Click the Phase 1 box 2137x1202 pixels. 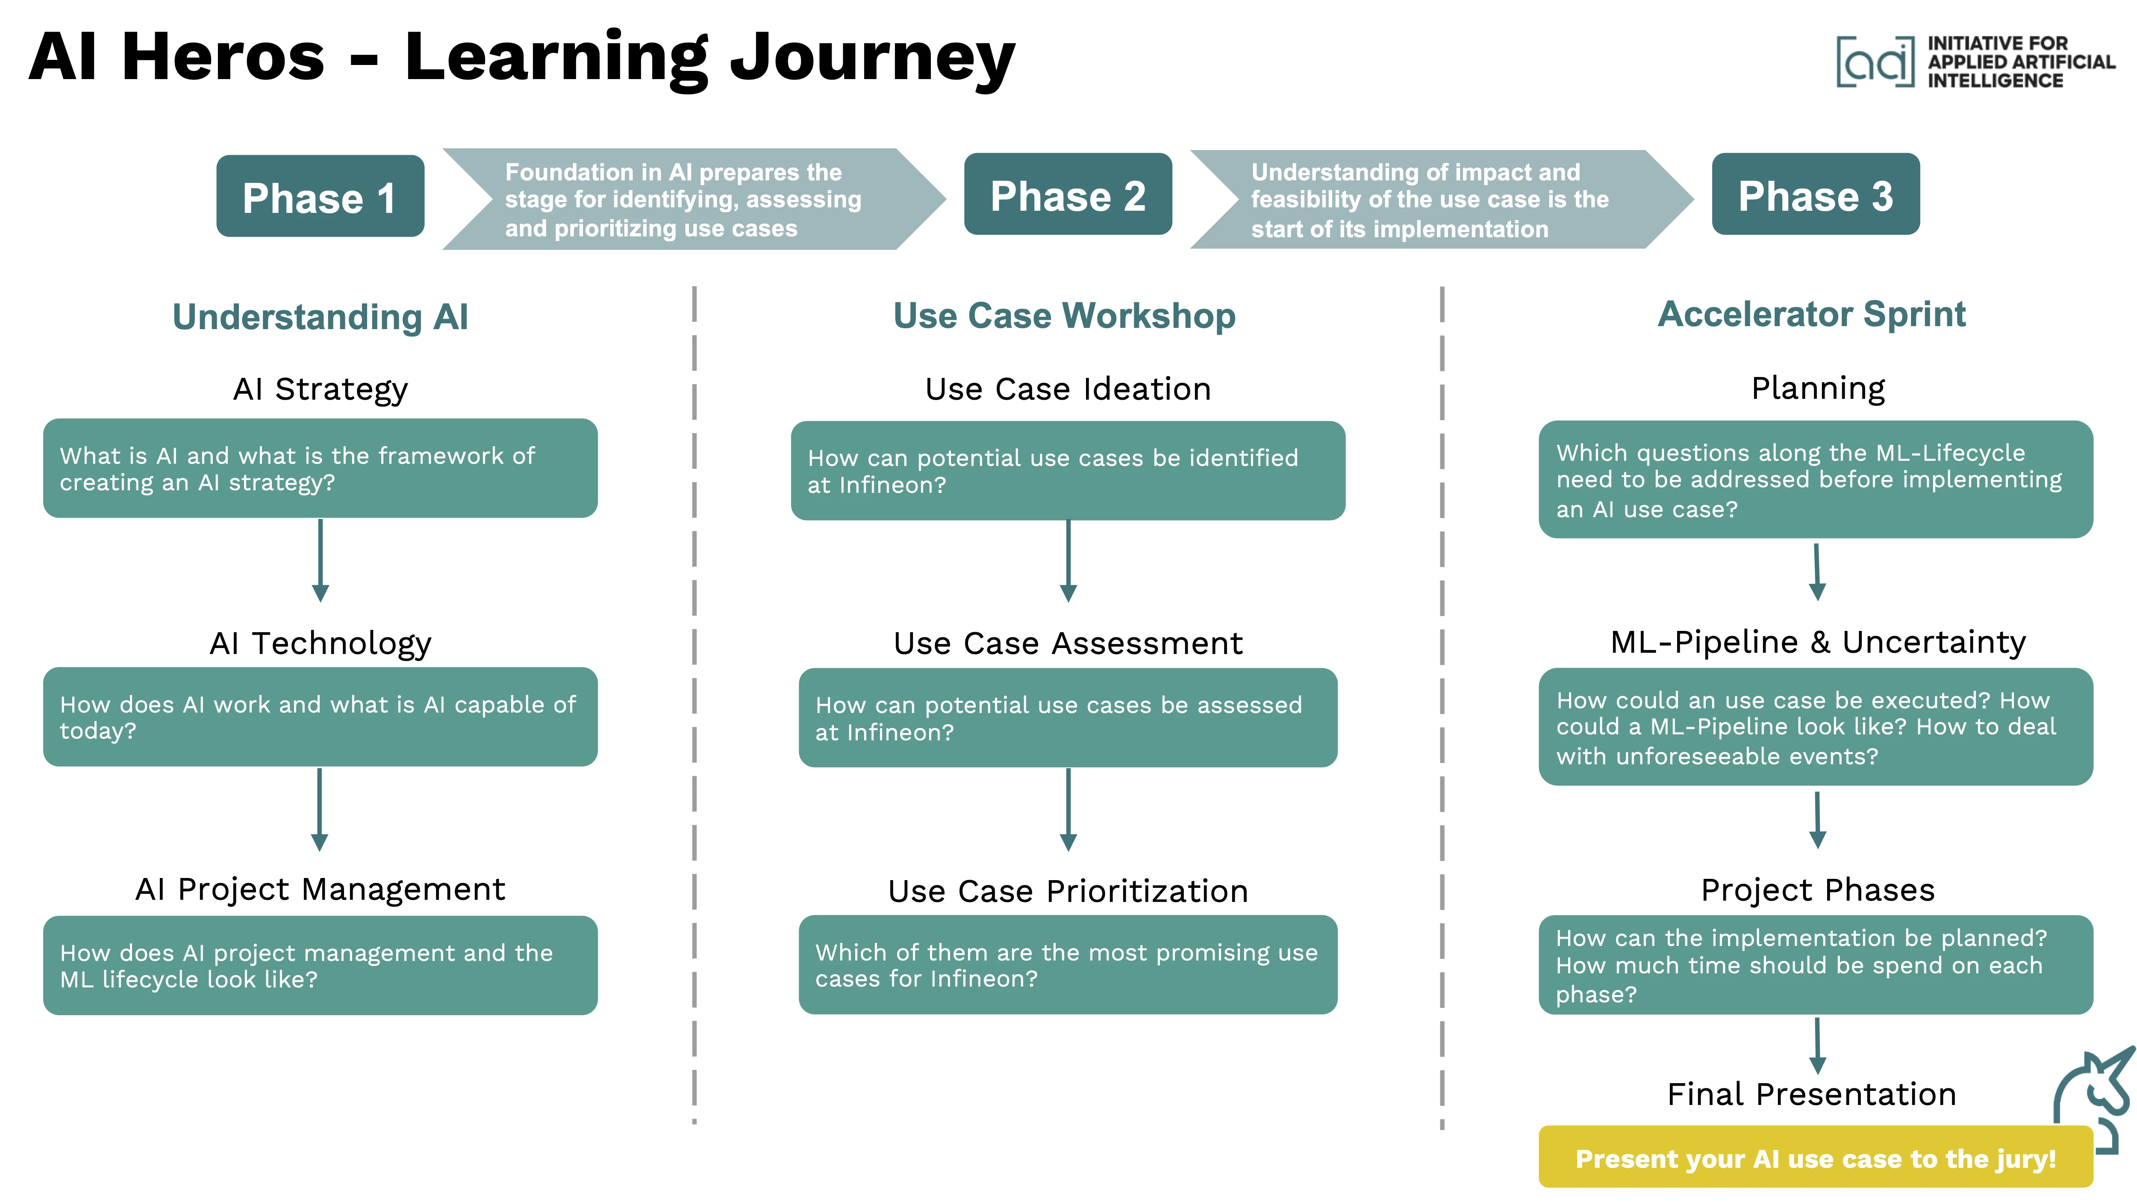[x=320, y=197]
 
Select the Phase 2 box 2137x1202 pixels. [x=1068, y=195]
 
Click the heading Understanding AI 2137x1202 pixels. [x=320, y=317]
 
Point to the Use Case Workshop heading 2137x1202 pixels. [x=1064, y=316]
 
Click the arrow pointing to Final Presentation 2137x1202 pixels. [x=1817, y=1045]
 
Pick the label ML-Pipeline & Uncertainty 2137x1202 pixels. [x=1818, y=642]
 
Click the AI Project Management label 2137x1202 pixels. [x=320, y=889]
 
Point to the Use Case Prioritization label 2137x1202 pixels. [x=1068, y=891]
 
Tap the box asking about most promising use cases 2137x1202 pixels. [x=1068, y=965]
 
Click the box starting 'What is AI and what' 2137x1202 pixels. [x=320, y=468]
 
